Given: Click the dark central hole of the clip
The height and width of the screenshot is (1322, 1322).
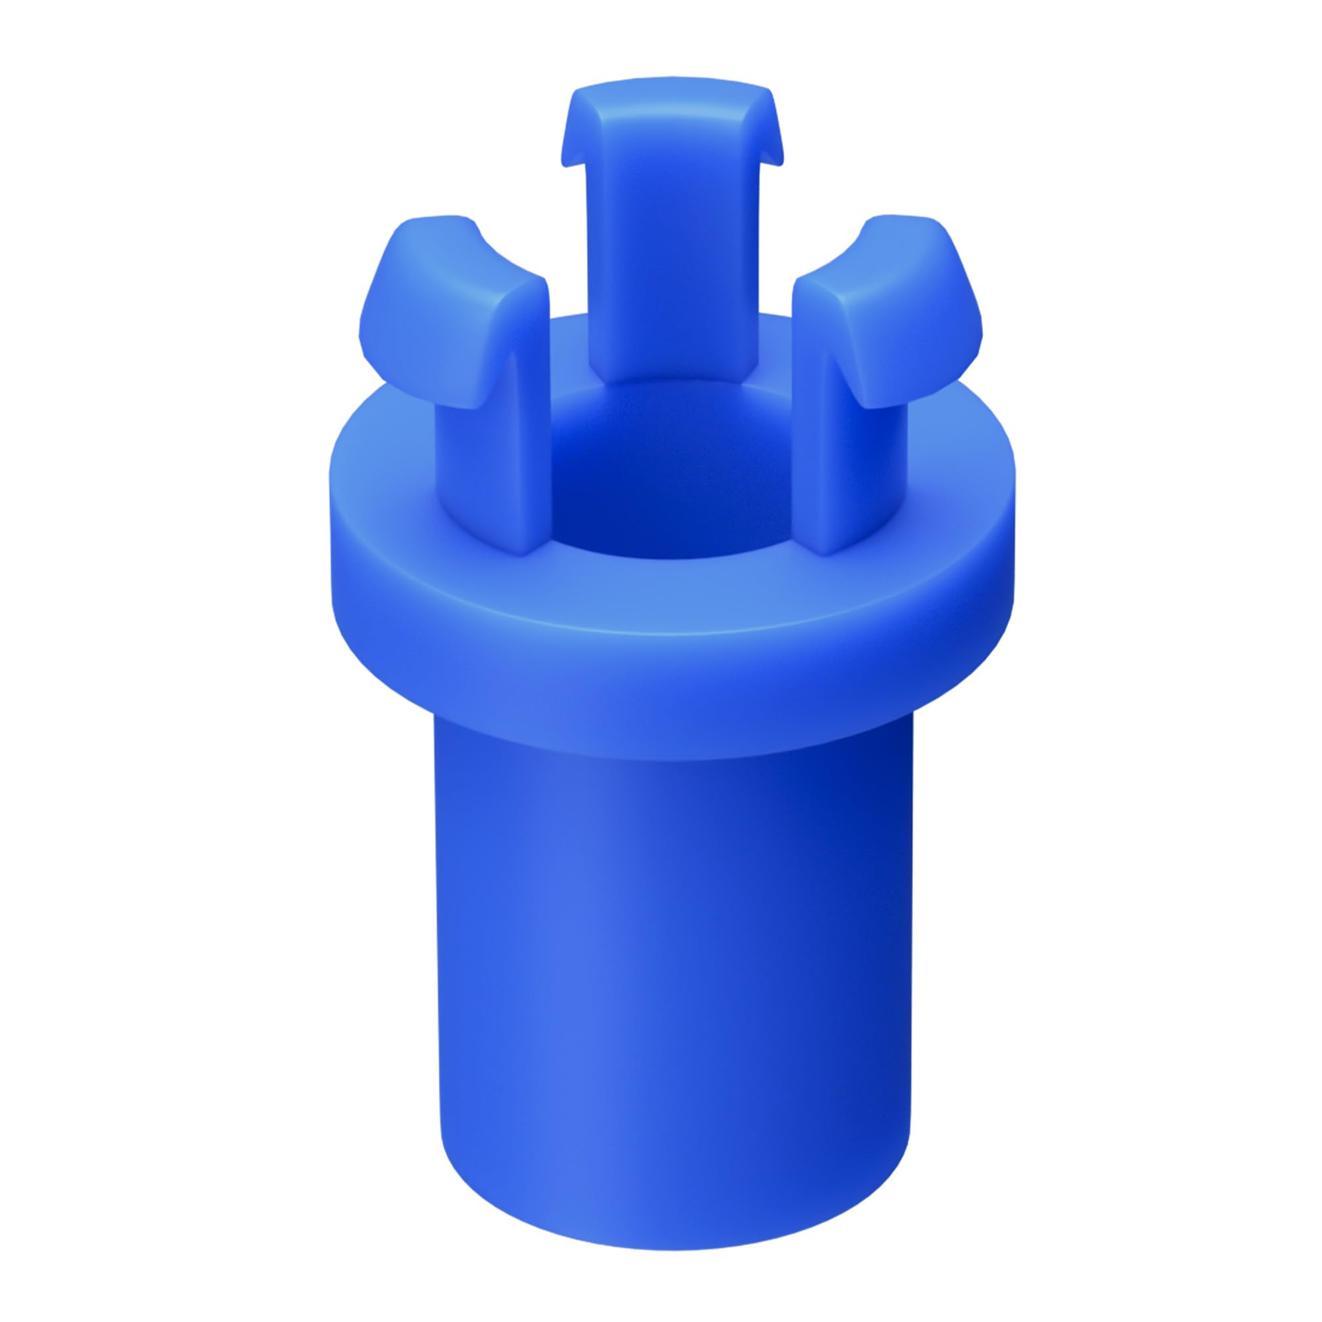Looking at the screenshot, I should tap(657, 492).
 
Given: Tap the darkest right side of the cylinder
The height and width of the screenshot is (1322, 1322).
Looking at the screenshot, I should tap(882, 958).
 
